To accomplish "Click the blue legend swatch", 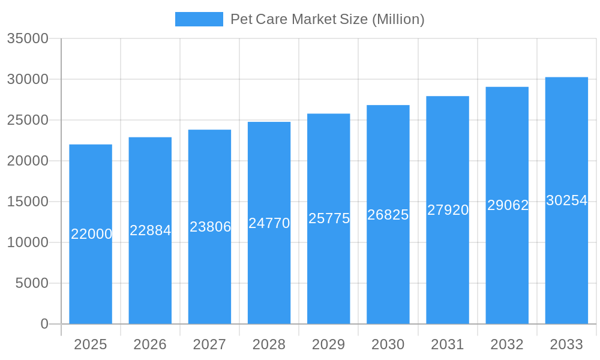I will pyautogui.click(x=199, y=19).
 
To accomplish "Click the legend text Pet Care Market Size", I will pyautogui.click(x=327, y=19).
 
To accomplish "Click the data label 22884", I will pyautogui.click(x=151, y=230).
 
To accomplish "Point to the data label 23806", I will pyautogui.click(x=210, y=227).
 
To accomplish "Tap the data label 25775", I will pyautogui.click(x=329, y=218).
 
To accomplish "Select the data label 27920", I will pyautogui.click(x=448, y=210).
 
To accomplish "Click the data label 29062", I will pyautogui.click(x=508, y=205).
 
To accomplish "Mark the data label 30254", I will pyautogui.click(x=566, y=200).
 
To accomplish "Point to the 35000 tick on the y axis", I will pyautogui.click(x=28, y=38).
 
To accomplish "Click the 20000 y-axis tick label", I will pyautogui.click(x=28, y=161).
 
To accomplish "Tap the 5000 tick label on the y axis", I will pyautogui.click(x=32, y=283).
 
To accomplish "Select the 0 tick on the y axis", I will pyautogui.click(x=44, y=324).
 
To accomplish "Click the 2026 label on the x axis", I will pyautogui.click(x=150, y=344).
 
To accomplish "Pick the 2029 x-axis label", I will pyautogui.click(x=329, y=344).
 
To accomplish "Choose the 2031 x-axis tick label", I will pyautogui.click(x=448, y=344).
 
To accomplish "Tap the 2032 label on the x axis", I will pyautogui.click(x=507, y=344).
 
